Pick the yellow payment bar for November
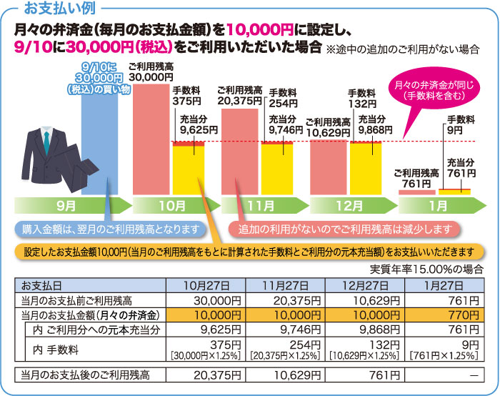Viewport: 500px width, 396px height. click(x=276, y=168)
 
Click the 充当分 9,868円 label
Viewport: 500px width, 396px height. click(x=375, y=124)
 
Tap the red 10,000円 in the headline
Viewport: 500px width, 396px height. click(x=261, y=30)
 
